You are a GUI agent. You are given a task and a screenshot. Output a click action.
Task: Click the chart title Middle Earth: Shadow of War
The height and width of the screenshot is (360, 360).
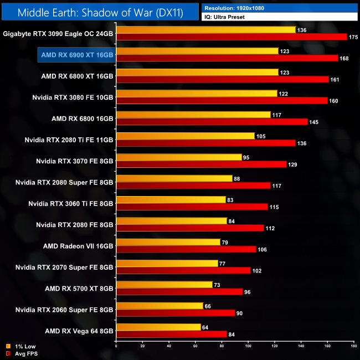99,11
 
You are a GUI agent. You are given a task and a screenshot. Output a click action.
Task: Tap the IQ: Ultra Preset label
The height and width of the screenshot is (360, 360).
224,17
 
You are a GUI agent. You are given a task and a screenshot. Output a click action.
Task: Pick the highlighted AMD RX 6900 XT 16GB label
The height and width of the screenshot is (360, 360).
77,55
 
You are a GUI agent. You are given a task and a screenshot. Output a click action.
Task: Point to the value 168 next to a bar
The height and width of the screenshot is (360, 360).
344,58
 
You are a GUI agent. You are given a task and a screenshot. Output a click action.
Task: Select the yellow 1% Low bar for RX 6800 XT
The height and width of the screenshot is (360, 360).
197,72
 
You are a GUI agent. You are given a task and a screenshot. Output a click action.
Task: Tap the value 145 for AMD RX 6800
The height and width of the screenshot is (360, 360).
313,122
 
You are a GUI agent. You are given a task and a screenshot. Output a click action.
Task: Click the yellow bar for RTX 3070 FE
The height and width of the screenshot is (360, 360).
179,157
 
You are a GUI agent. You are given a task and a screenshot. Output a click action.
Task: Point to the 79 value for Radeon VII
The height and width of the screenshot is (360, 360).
225,241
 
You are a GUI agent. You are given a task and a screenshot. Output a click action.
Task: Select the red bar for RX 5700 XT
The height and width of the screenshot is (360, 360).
179,291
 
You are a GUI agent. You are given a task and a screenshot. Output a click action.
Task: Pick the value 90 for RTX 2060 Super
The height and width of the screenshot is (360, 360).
239,313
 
